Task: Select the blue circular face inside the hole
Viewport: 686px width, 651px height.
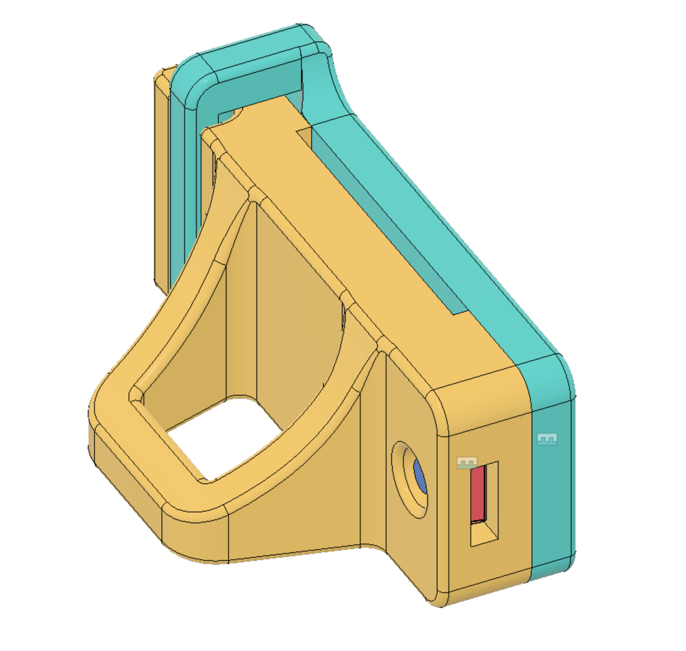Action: click(419, 476)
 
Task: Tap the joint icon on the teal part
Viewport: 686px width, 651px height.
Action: click(547, 439)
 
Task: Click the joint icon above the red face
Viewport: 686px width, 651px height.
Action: click(467, 463)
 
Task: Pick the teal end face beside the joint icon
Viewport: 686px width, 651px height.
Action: click(553, 490)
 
